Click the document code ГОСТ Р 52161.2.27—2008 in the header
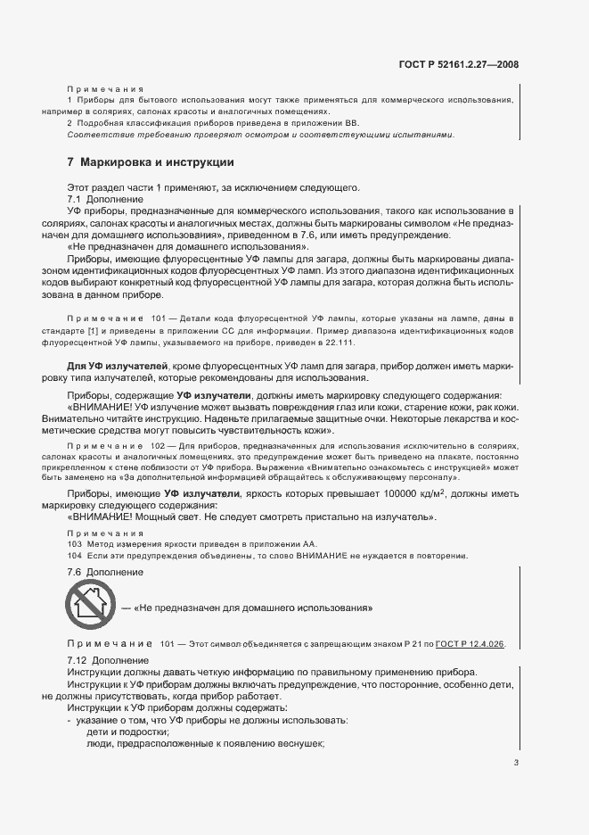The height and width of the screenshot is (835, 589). coord(460,64)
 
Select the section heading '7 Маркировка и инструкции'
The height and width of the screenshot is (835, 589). coord(151,163)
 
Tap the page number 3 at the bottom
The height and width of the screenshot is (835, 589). coord(516,763)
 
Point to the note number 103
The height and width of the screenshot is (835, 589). coord(74,543)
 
